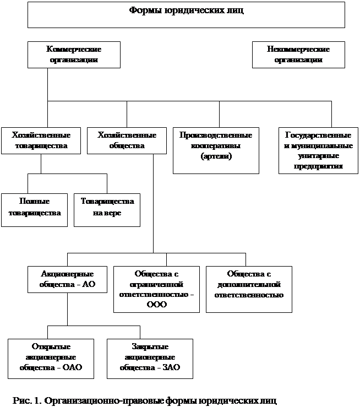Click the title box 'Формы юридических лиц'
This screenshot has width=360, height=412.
pos(186,15)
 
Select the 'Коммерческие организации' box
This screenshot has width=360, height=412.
pos(73,54)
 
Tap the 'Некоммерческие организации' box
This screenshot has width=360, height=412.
pos(298,54)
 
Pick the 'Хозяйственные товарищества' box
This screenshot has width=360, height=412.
pos(41,140)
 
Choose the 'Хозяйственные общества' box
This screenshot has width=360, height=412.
pos(126,140)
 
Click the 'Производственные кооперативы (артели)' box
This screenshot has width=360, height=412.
pos(216,150)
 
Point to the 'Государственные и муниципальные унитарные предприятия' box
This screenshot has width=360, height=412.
pos(318,150)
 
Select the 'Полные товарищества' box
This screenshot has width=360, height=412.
pos(34,209)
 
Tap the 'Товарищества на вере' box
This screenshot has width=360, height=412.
pos(107,209)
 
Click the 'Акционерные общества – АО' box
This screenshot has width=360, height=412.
pos(67,279)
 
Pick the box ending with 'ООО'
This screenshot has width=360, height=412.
pos(156,289)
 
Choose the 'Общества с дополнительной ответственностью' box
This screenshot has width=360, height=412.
pos(249,289)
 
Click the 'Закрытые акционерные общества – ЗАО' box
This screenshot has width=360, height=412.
pos(149,358)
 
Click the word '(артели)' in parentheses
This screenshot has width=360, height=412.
pos(216,157)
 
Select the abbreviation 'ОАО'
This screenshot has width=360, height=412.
pos(72,367)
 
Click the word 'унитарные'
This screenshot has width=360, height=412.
pos(319,156)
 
